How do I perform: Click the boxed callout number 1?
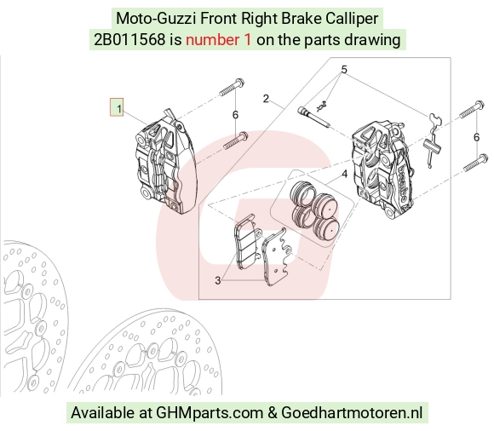click(117, 107)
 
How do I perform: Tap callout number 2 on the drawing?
click(266, 99)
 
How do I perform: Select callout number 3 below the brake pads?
click(218, 280)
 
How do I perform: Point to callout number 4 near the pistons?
click(344, 174)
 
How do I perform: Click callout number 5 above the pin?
click(344, 69)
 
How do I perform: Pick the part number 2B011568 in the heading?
click(129, 40)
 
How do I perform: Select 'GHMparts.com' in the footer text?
click(210, 413)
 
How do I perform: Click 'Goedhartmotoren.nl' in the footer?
click(352, 412)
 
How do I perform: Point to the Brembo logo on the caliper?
click(403, 184)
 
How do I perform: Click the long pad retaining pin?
click(313, 118)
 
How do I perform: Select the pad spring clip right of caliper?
click(434, 141)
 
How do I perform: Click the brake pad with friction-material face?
click(247, 242)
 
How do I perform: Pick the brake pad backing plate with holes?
click(278, 256)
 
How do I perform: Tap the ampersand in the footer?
click(273, 413)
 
